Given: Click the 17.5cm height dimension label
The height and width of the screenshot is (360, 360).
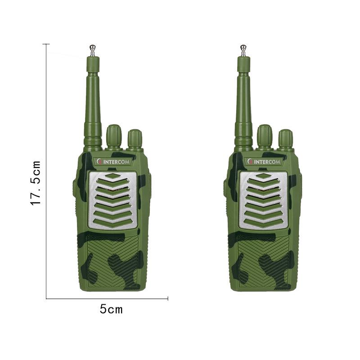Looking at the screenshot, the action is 36,183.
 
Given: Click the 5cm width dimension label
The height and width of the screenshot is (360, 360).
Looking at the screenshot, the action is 111,309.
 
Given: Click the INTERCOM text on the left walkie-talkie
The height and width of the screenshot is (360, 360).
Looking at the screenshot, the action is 116,162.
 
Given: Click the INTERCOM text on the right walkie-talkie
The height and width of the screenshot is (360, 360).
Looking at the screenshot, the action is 267,162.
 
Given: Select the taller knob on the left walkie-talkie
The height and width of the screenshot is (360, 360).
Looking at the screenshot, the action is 114,136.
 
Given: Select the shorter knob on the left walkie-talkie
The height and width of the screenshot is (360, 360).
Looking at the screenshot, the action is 135,139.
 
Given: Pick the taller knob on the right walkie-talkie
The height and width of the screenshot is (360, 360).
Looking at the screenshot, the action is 265,136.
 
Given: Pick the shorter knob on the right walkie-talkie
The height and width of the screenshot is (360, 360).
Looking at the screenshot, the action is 286,139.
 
